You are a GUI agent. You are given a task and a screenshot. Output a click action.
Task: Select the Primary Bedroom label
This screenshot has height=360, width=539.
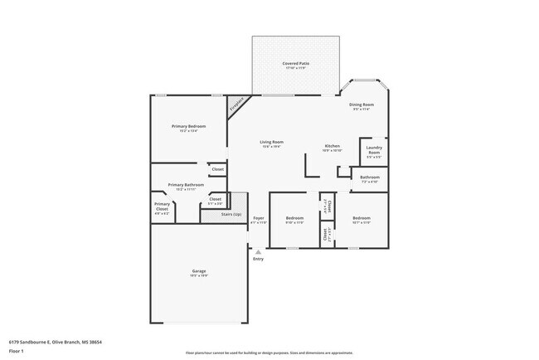(188, 126)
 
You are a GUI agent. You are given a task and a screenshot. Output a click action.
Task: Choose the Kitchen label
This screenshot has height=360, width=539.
(332, 147)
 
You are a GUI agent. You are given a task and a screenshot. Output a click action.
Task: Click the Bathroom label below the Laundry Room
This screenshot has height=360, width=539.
(370, 177)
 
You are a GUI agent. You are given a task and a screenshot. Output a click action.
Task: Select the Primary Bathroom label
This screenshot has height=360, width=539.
(186, 185)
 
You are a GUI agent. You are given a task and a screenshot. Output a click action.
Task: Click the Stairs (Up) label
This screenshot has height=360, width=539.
(232, 215)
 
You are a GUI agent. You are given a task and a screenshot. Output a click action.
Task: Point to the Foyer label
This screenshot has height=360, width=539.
(259, 219)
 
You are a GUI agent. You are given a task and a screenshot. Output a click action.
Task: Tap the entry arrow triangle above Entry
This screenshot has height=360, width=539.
(258, 251)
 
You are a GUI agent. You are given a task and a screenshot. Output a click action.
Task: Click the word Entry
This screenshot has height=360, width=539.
(258, 259)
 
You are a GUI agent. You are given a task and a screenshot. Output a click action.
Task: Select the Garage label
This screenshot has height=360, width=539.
(199, 271)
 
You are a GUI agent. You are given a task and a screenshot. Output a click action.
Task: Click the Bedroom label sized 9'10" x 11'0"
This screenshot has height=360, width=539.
(294, 219)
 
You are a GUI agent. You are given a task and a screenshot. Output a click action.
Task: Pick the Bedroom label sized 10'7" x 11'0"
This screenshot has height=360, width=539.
(361, 219)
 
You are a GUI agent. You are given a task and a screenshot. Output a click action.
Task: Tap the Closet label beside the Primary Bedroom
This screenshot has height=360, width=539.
(217, 169)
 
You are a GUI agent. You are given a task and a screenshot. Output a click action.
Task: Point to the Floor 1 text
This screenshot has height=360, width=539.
(17, 351)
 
